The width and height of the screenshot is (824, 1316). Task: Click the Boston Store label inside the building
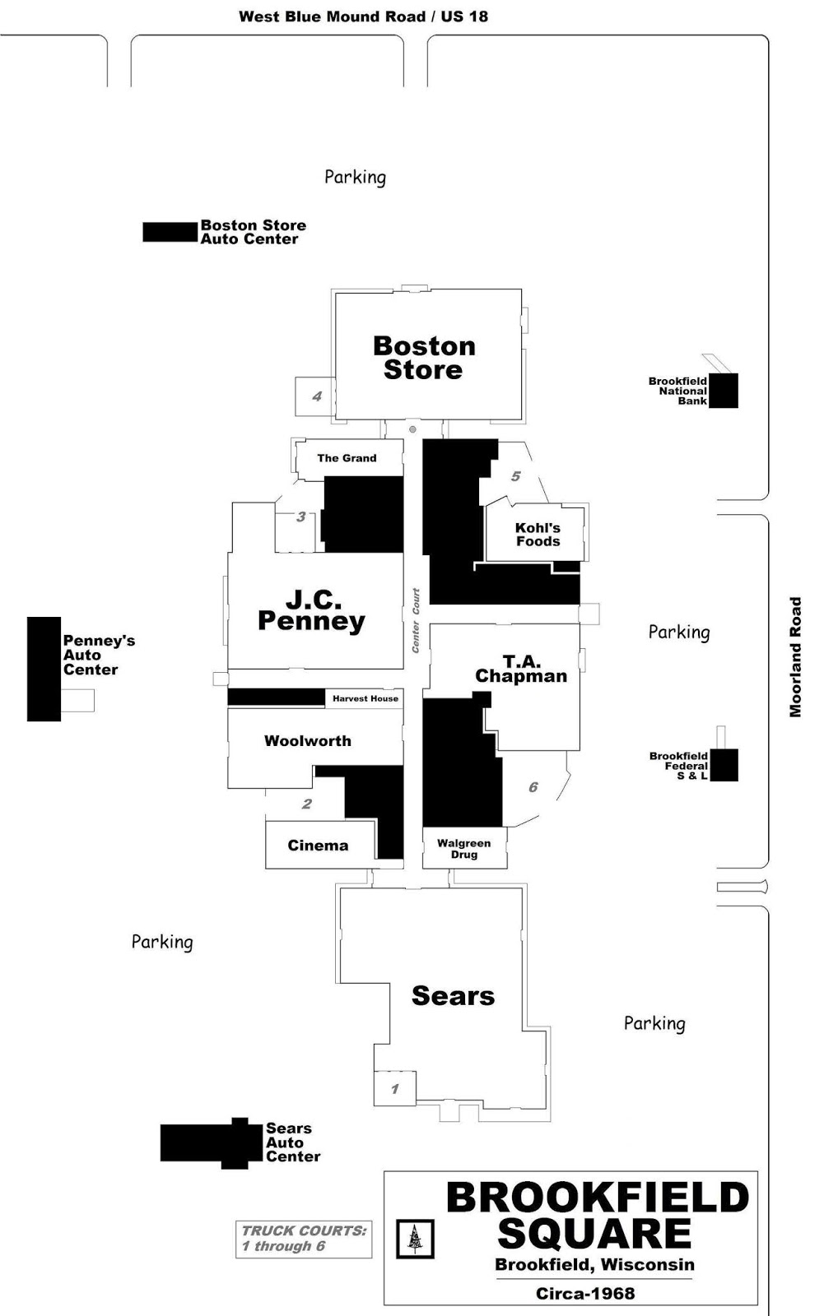click(x=424, y=358)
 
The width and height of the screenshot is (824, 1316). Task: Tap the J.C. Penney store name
click(x=312, y=610)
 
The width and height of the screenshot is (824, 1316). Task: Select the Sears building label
click(x=453, y=996)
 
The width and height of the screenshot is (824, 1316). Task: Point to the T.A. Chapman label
click(x=521, y=669)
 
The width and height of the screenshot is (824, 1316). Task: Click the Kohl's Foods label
click(x=538, y=535)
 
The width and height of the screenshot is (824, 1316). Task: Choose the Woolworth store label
click(x=307, y=741)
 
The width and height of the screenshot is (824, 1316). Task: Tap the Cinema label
click(x=318, y=846)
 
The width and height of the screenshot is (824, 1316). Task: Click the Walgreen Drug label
click(x=463, y=849)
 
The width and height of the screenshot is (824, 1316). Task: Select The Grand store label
click(x=347, y=458)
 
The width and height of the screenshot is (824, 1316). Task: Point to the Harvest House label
click(x=365, y=698)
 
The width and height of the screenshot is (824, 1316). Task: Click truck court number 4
click(x=317, y=396)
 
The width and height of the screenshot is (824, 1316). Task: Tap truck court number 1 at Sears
click(x=394, y=1089)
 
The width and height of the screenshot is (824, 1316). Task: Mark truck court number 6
click(x=533, y=787)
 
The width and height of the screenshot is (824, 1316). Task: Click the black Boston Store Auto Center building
click(x=170, y=232)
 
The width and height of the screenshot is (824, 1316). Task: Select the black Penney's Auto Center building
click(x=44, y=669)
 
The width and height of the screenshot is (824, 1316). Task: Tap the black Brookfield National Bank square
click(x=723, y=391)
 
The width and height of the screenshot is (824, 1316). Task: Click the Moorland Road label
click(x=795, y=656)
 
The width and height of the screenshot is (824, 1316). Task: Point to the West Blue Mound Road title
click(x=363, y=16)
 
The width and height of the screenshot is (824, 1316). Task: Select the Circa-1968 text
click(x=585, y=1293)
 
